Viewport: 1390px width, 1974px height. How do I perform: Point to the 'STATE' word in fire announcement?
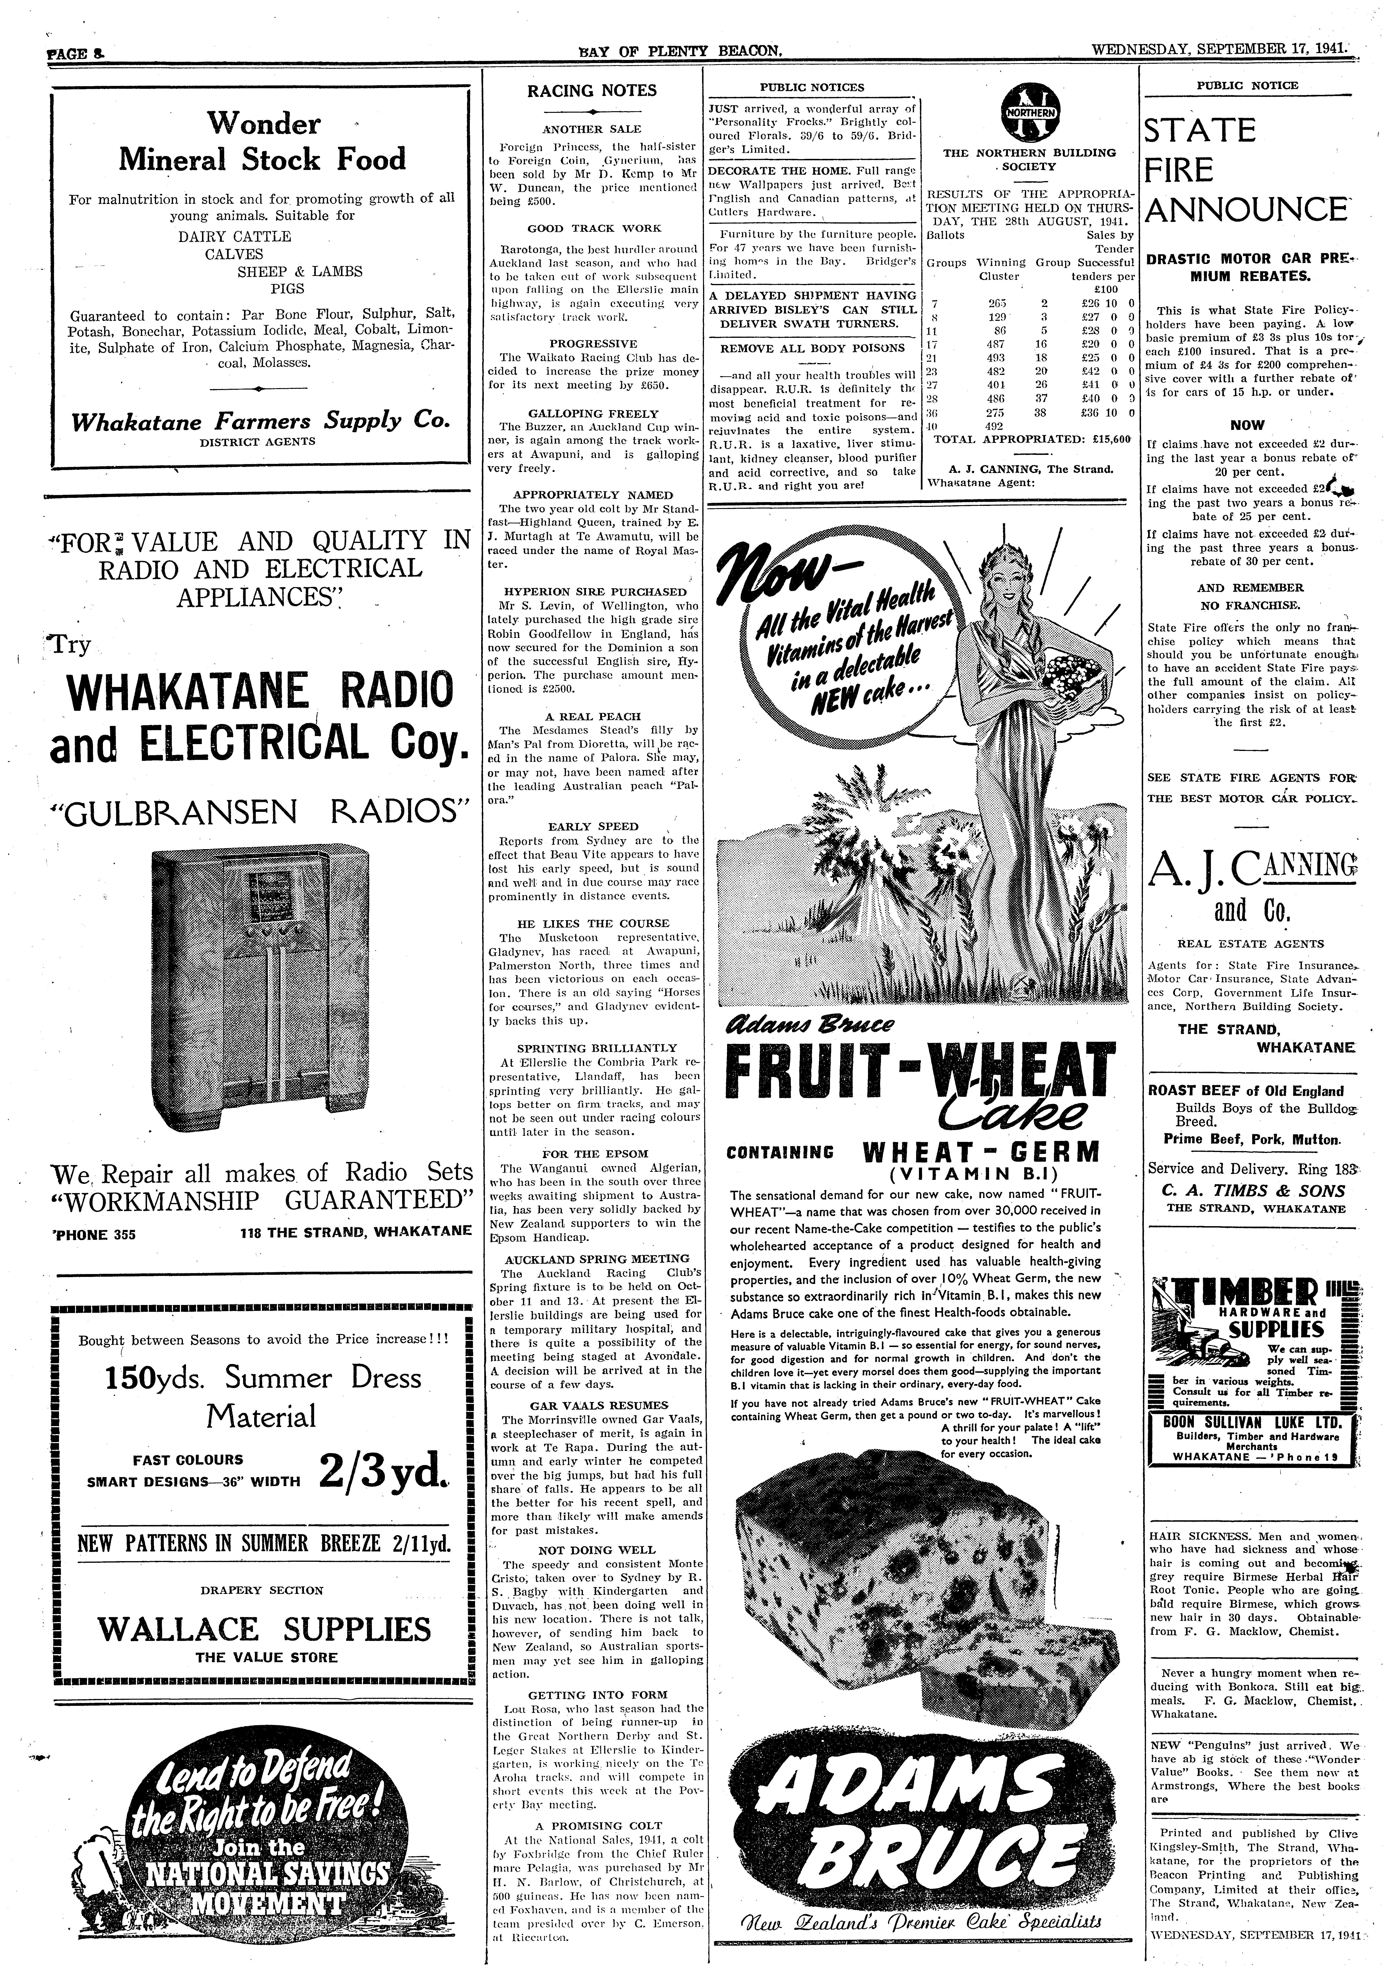[x=1199, y=131]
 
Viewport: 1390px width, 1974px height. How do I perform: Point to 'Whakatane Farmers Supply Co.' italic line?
[x=261, y=421]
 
